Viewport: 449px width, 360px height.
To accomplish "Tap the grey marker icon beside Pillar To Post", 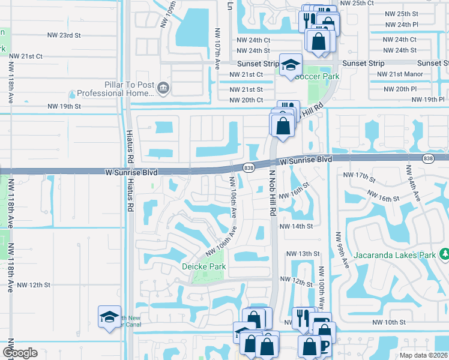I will pyautogui.click(x=163, y=89).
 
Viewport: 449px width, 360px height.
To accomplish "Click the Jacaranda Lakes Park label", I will pyautogui.click(x=393, y=255).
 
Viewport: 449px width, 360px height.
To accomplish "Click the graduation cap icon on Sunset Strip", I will pyautogui.click(x=291, y=65).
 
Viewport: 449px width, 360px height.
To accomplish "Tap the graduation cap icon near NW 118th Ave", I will pyautogui.click(x=109, y=316).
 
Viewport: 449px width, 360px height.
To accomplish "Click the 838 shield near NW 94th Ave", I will pyautogui.click(x=427, y=158).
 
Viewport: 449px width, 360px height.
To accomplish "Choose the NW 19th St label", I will pyautogui.click(x=64, y=106).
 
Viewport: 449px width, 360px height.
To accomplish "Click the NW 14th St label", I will pyautogui.click(x=296, y=226).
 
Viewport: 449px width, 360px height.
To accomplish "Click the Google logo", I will pyautogui.click(x=20, y=353).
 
